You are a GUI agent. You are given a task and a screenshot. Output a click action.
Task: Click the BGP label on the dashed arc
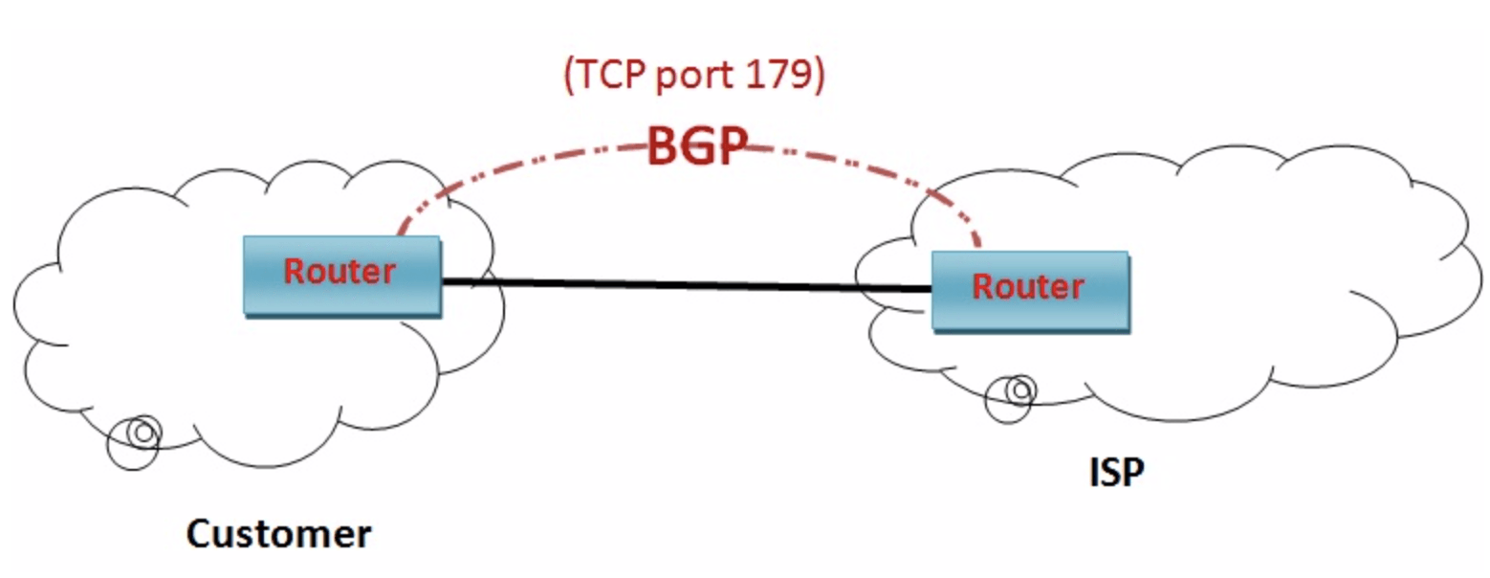coord(694,146)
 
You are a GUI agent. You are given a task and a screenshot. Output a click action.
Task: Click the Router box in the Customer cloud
coord(341,276)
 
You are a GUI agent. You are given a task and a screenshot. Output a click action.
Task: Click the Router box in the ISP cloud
coord(1029,291)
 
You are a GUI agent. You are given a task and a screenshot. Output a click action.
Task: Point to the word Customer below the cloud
coord(277,533)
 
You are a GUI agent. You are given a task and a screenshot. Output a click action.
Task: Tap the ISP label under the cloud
coord(1116,471)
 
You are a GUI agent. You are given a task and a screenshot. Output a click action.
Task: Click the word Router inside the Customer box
coord(340,272)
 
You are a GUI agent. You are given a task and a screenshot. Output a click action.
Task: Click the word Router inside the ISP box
coord(1028,286)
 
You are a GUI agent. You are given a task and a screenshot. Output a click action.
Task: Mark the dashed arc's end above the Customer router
coord(400,232)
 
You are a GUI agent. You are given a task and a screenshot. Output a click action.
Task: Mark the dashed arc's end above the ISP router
coord(977,245)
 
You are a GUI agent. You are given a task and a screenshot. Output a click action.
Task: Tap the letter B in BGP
coord(665,146)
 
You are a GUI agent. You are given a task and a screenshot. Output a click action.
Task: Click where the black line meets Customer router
coord(443,280)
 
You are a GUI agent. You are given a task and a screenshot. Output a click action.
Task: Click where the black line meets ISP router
coord(931,288)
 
